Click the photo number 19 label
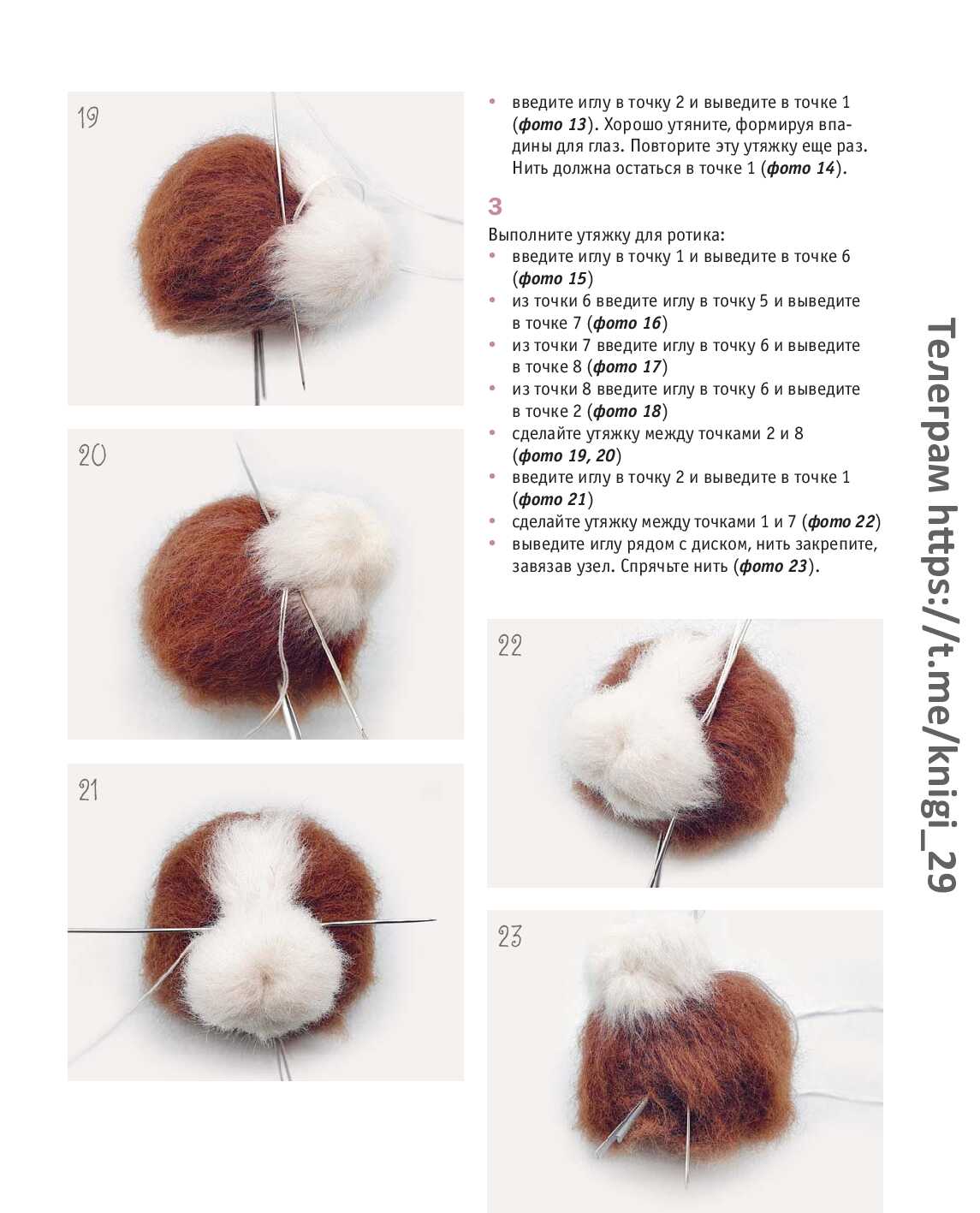(88, 118)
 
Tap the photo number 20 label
(92, 455)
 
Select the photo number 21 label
(88, 790)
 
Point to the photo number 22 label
(509, 645)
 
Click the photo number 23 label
(509, 937)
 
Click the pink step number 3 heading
(494, 206)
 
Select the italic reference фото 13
(552, 124)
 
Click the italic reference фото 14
(800, 168)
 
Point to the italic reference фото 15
(552, 278)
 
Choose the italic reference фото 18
(627, 411)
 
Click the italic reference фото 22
(841, 521)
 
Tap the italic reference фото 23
(773, 566)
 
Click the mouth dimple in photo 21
(266, 976)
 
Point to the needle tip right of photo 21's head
(436, 919)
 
